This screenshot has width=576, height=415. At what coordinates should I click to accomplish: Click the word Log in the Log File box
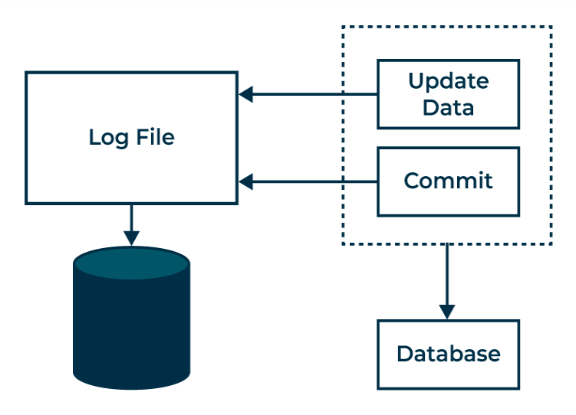pyautogui.click(x=109, y=139)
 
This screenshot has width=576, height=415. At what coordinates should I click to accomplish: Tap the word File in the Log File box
pyautogui.click(x=156, y=137)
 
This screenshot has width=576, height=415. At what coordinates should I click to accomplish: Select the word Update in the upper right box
pyautogui.click(x=449, y=82)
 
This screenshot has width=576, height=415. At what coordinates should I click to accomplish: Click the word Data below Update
pyautogui.click(x=448, y=107)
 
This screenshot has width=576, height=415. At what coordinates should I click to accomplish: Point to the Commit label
pyautogui.click(x=448, y=181)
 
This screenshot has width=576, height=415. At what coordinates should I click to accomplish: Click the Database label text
pyautogui.click(x=449, y=354)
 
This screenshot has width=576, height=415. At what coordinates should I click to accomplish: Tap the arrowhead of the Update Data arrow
pyautogui.click(x=245, y=94)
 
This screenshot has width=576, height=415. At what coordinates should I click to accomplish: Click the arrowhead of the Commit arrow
pyautogui.click(x=245, y=181)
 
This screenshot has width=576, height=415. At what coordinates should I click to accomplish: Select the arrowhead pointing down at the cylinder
pyautogui.click(x=131, y=238)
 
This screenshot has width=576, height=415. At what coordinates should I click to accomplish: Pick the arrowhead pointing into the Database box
pyautogui.click(x=447, y=312)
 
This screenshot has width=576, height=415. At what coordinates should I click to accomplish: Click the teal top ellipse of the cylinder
pyautogui.click(x=131, y=263)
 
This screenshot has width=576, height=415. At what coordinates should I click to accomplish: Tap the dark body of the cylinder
pyautogui.click(x=131, y=330)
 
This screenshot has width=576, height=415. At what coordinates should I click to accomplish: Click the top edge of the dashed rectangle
pyautogui.click(x=447, y=27)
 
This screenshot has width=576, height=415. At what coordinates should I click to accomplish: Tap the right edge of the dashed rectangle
pyautogui.click(x=551, y=136)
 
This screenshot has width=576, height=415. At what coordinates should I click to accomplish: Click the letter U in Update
pyautogui.click(x=416, y=80)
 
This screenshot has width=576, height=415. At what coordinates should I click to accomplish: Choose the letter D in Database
pyautogui.click(x=405, y=354)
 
